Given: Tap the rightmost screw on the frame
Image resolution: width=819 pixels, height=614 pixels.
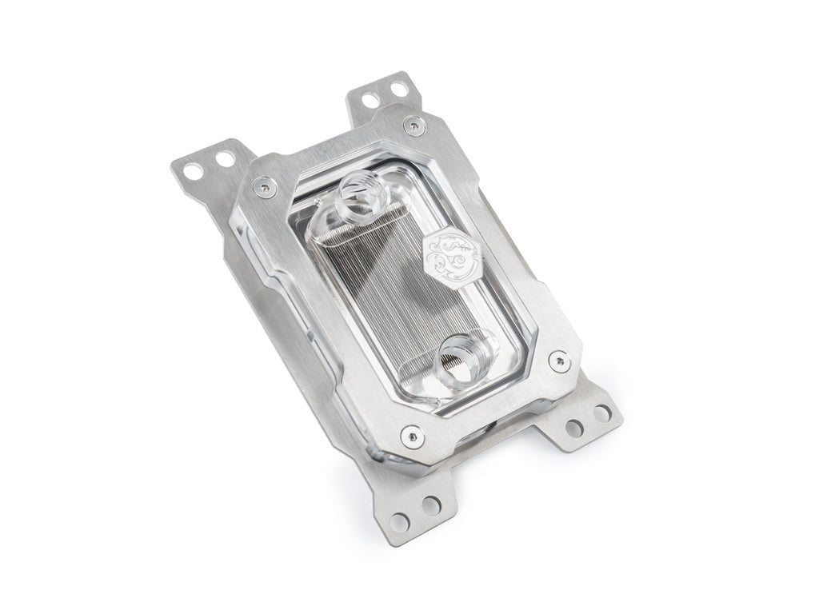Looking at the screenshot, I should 557,362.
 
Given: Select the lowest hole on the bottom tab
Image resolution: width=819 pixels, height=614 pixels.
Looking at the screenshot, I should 400,520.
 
